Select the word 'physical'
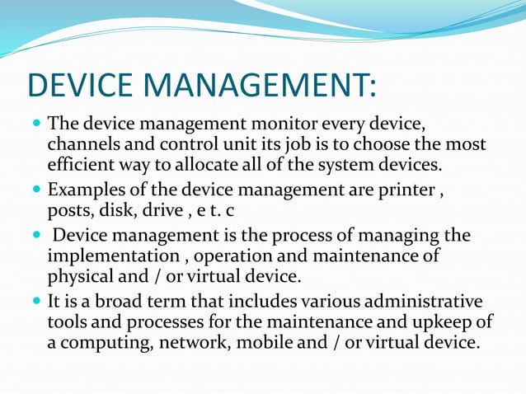pos(81,274)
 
